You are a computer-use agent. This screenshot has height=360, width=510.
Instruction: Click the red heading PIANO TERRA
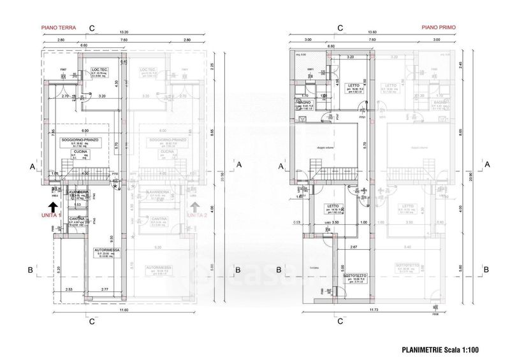(x=55, y=27)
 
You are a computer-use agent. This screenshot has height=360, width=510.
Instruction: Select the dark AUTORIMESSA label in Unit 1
(x=108, y=250)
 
